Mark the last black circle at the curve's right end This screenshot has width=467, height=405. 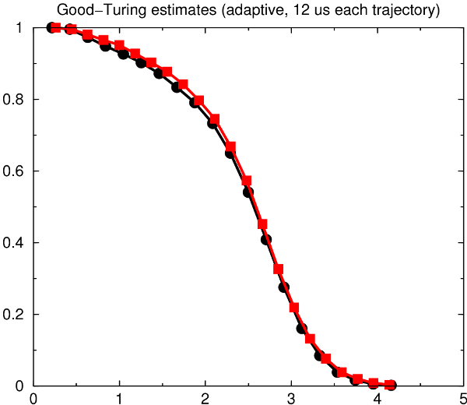click(x=391, y=385)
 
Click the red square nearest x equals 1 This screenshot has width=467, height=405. click(x=119, y=46)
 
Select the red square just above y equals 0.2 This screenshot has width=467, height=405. click(x=294, y=308)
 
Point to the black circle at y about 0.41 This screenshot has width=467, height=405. click(x=266, y=240)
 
